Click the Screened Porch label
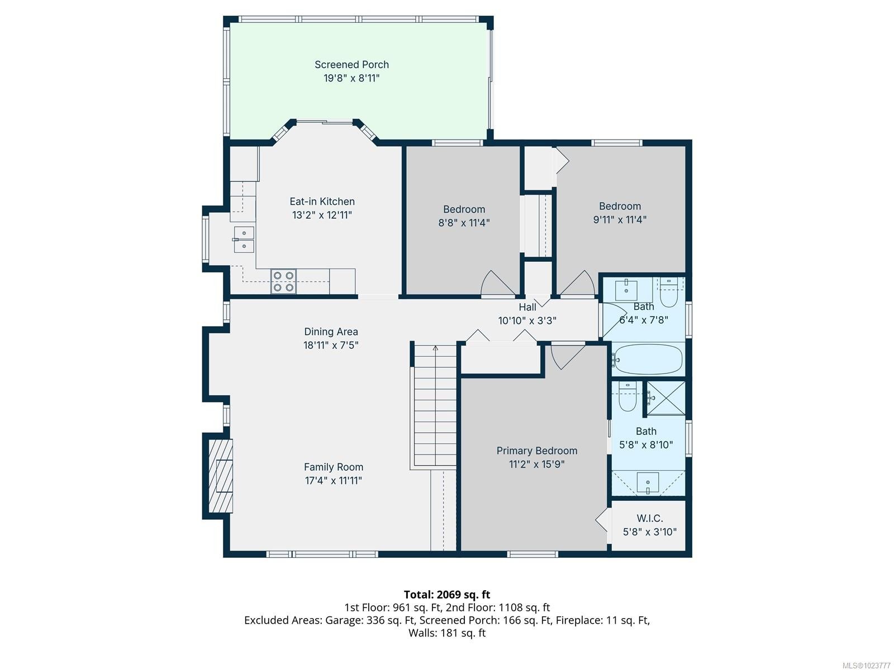click(x=351, y=65)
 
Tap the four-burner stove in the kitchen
click(x=283, y=281)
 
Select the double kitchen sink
click(x=244, y=240)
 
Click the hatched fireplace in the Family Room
click(x=220, y=476)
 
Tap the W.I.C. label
click(x=649, y=519)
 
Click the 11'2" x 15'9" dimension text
click(x=536, y=464)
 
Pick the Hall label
click(x=527, y=307)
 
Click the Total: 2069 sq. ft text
click(x=446, y=595)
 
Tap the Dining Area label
click(x=331, y=332)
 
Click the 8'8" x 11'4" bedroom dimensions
click(x=464, y=223)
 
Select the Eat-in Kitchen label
click(x=322, y=202)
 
